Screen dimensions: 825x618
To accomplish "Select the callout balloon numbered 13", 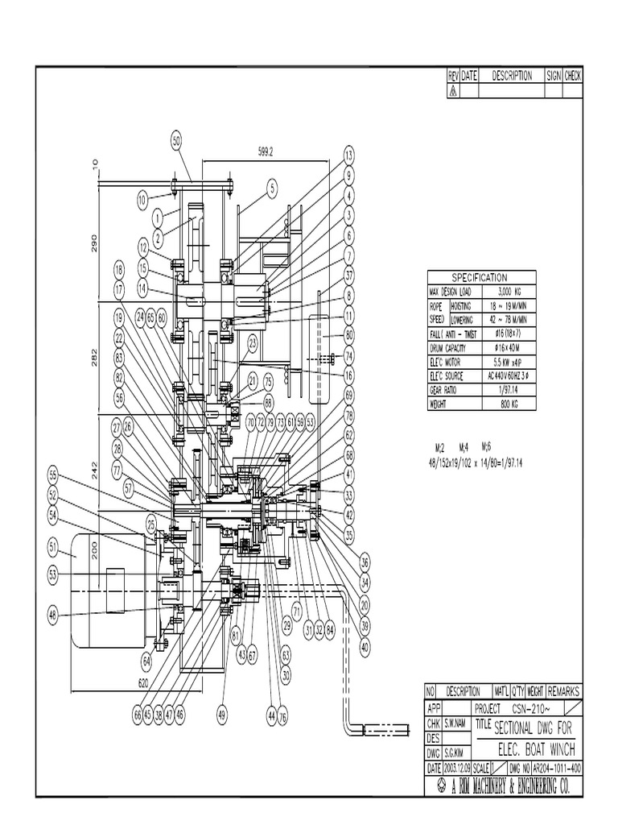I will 348,154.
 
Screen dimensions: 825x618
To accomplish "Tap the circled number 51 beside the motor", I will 54,549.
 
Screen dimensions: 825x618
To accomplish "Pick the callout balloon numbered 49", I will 222,712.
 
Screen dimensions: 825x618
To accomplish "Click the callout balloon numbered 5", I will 272,189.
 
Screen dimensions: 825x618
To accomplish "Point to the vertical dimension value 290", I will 94,243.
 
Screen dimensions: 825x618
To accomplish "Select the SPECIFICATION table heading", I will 479,276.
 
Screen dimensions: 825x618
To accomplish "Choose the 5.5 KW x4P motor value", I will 511,362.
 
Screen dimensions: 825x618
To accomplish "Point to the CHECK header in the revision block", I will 573,76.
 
